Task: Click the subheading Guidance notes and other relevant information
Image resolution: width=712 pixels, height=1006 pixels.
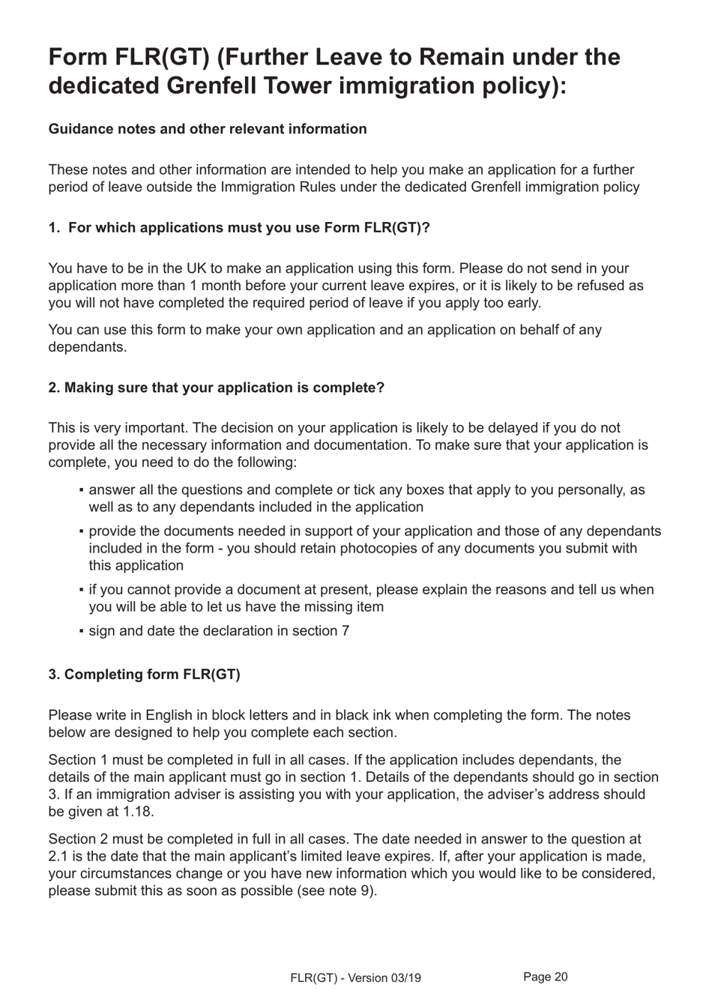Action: click(208, 129)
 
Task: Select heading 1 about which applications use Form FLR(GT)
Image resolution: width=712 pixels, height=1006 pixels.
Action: click(239, 228)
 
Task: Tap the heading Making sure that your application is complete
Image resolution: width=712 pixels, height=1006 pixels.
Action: click(216, 388)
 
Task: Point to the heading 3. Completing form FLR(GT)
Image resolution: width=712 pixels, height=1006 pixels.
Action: click(144, 675)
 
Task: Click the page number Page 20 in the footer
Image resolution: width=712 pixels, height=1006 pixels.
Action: click(545, 977)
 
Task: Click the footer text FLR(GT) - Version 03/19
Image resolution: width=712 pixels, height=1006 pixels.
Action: click(355, 978)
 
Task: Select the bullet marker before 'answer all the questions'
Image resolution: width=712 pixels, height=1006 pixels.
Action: click(80, 490)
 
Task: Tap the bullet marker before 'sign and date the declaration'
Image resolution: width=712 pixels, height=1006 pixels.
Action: click(80, 631)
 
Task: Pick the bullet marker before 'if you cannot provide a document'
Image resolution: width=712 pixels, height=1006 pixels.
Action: click(80, 590)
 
